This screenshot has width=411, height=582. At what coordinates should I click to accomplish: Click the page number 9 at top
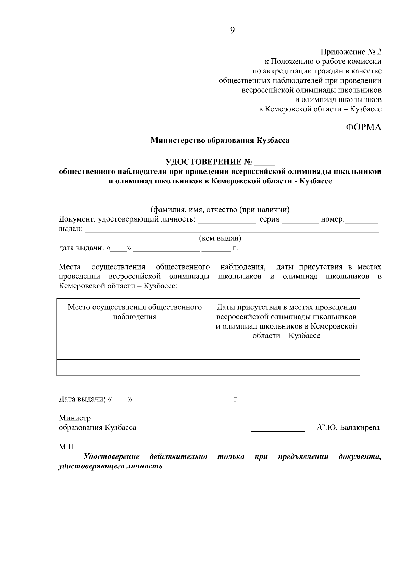(232, 31)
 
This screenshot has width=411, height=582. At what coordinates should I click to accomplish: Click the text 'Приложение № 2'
(350, 52)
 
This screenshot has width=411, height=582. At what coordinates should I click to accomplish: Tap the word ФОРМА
(363, 127)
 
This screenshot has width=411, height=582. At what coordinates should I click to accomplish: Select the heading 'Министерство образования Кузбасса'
(220, 140)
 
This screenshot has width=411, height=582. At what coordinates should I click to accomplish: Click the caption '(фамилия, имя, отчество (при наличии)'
(220, 209)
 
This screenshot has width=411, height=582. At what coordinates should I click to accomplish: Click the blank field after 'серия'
(300, 220)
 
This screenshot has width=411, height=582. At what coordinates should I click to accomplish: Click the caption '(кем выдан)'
(220, 238)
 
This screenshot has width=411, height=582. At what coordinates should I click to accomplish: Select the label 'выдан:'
(71, 229)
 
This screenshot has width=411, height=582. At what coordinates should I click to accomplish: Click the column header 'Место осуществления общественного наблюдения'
(135, 312)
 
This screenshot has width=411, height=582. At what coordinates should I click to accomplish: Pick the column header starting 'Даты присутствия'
(286, 321)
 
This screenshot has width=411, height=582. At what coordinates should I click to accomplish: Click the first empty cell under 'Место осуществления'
(135, 352)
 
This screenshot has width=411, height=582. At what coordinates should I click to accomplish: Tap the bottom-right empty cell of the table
(286, 367)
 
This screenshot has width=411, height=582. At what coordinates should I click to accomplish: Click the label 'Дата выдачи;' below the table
(82, 399)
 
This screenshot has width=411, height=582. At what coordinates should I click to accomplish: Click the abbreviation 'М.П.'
(67, 447)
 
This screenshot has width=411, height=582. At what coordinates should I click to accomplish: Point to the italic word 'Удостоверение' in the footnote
(112, 457)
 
